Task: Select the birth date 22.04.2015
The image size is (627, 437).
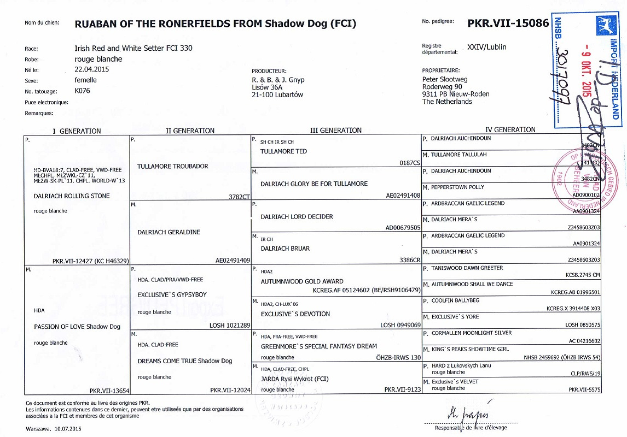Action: (92, 69)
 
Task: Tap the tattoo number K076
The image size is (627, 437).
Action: (82, 91)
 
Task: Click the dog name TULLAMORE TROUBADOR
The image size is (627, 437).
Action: (172, 166)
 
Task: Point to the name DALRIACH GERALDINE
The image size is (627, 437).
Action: (169, 232)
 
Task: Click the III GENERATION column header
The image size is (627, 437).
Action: (335, 131)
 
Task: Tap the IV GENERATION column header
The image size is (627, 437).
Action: (510, 130)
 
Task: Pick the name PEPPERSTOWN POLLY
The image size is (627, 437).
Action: (457, 187)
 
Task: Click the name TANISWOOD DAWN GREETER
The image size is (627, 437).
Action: (467, 268)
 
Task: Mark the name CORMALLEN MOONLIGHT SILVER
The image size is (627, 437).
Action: (471, 333)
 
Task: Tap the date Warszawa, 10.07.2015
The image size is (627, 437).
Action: (53, 429)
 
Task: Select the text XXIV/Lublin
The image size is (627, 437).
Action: (487, 47)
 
